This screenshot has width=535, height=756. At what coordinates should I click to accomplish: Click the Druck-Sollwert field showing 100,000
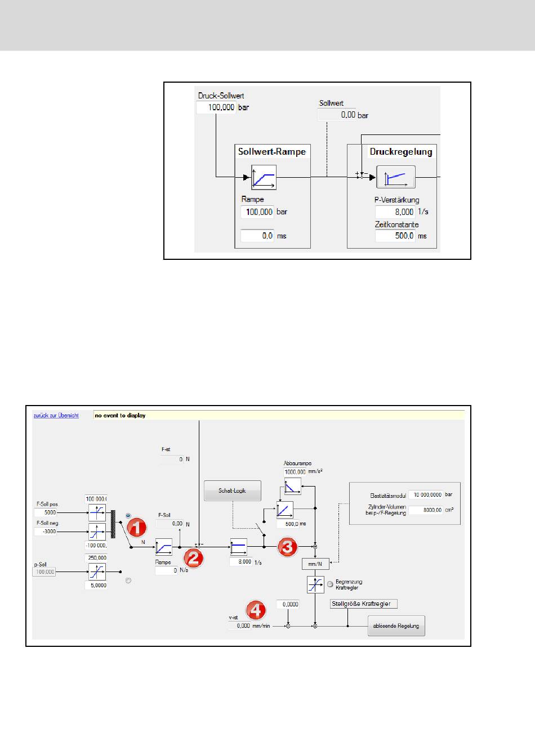[x=216, y=107]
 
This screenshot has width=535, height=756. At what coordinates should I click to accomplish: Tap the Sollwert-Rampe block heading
[x=272, y=152]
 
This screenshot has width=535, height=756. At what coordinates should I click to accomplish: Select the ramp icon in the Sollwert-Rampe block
[x=264, y=177]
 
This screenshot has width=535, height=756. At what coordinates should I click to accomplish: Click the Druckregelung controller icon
[x=396, y=177]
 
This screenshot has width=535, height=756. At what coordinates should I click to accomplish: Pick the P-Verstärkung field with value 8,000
[x=395, y=212]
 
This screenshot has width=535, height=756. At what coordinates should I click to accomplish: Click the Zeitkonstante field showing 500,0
[x=395, y=236]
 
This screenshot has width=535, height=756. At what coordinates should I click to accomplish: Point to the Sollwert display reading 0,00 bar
[x=337, y=115]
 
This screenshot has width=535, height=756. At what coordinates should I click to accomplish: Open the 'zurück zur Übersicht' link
[x=56, y=416]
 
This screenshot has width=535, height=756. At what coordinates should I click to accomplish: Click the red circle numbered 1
[x=136, y=528]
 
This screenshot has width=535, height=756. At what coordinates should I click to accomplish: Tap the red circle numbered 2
[x=193, y=558]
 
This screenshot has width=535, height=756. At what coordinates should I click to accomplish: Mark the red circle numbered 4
[x=255, y=610]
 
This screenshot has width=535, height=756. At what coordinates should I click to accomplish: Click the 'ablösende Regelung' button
[x=396, y=626]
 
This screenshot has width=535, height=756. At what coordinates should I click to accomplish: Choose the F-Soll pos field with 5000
[x=46, y=513]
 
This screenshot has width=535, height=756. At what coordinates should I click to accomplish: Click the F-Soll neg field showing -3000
[x=46, y=532]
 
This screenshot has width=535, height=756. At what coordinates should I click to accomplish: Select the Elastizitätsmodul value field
[x=425, y=495]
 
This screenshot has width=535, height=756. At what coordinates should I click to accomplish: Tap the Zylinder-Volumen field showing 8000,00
[x=425, y=510]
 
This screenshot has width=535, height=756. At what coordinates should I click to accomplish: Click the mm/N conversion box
[x=315, y=564]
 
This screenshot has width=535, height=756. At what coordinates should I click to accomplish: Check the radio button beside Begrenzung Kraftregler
[x=331, y=584]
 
